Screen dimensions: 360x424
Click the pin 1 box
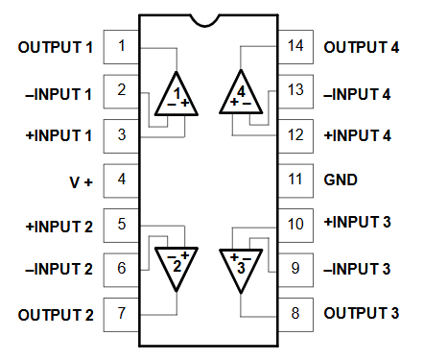click(121, 46)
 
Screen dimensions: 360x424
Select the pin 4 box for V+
click(121, 180)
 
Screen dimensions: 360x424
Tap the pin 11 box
click(295, 180)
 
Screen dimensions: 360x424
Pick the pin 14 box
click(295, 46)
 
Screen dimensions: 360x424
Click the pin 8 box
click(295, 313)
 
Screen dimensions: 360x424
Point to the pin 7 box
click(121, 313)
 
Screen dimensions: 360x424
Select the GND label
click(342, 180)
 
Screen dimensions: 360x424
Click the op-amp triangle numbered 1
click(177, 95)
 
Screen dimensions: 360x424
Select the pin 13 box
click(295, 90)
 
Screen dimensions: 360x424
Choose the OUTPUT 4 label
click(361, 46)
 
